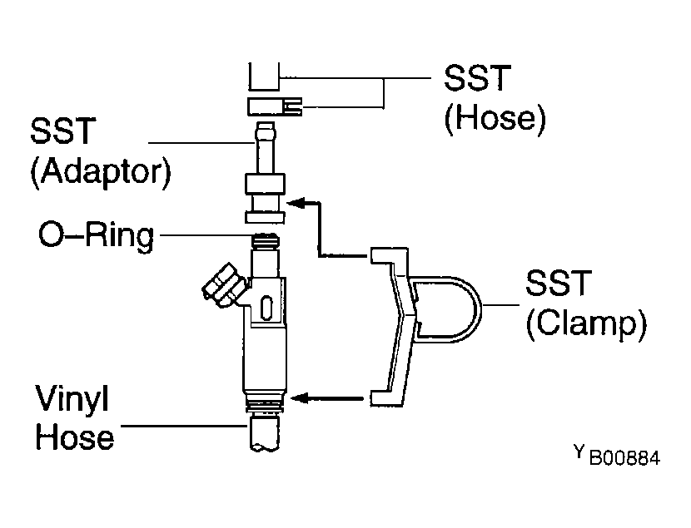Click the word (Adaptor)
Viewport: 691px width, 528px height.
coord(101,171)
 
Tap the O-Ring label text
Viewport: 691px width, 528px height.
coord(97,236)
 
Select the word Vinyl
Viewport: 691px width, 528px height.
coord(72,399)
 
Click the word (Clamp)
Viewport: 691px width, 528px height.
coord(587,324)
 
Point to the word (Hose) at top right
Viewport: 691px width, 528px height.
coord(495,118)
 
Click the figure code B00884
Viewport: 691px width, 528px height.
coord(625,458)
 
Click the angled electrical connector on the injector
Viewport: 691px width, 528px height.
coord(222,286)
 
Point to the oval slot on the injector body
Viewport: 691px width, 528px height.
coord(266,308)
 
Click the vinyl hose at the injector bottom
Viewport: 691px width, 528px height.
coord(265,433)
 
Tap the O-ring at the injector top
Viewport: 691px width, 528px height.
coord(265,240)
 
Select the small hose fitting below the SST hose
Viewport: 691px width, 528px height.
coord(275,107)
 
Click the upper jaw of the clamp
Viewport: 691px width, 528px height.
coord(388,256)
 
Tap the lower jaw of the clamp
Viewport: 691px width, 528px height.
coord(387,397)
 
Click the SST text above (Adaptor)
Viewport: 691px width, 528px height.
coord(62,131)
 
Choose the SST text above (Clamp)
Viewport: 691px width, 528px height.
coord(559,283)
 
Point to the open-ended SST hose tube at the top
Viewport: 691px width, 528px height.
coord(264,77)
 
